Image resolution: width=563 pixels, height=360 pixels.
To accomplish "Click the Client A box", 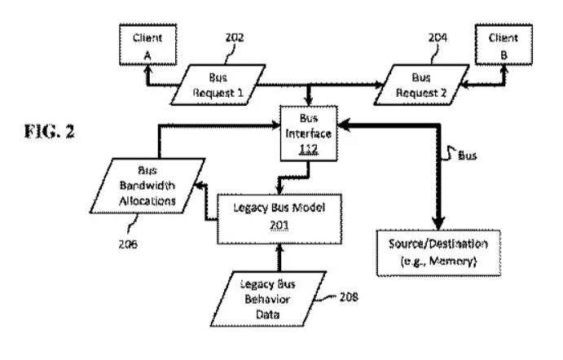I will coord(145,46).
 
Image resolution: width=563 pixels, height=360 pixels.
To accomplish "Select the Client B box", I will coord(497,46).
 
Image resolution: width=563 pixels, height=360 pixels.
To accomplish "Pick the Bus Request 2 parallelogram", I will coord(421,84).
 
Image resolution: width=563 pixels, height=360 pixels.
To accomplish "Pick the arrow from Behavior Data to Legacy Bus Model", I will coord(279,259).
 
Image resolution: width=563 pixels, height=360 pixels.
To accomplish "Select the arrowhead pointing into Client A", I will coord(148,70).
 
